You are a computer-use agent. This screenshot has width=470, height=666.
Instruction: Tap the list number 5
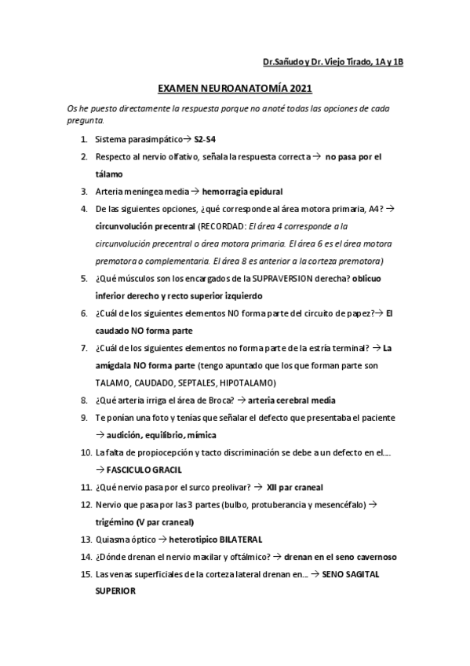point(84,279)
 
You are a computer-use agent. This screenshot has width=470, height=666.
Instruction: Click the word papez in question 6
point(359,313)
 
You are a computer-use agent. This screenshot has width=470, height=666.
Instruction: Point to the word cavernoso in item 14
point(372,557)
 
